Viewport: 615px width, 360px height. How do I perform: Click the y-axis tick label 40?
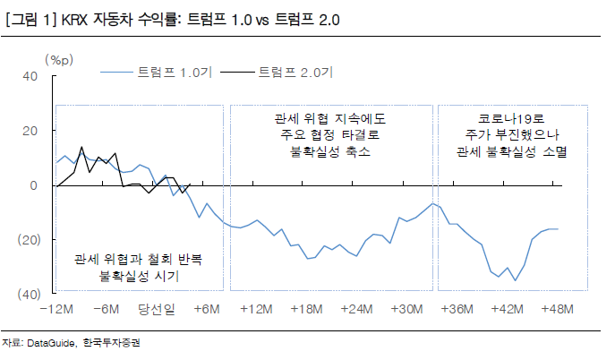tap(29, 76)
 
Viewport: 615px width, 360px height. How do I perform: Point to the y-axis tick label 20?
tap(29, 131)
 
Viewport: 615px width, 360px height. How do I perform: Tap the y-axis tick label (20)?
tap(26, 239)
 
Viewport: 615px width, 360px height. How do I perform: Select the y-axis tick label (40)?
tap(26, 294)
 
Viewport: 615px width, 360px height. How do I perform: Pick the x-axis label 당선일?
tap(156, 309)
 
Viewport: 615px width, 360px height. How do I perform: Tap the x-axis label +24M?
tap(357, 309)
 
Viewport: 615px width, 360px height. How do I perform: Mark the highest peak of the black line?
tap(82, 147)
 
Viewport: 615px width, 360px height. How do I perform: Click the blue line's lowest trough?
tap(515, 280)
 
